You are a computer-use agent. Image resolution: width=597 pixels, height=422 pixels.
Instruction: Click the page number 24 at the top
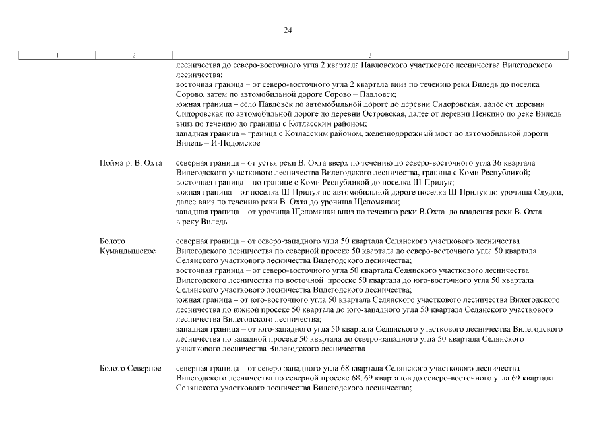288,30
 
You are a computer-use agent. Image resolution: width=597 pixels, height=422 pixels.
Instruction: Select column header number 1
57,55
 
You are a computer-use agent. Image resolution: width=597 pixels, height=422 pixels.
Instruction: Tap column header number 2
134,55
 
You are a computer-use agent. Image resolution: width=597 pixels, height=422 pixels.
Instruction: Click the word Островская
338,114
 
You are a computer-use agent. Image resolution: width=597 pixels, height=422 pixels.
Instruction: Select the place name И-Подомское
236,143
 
